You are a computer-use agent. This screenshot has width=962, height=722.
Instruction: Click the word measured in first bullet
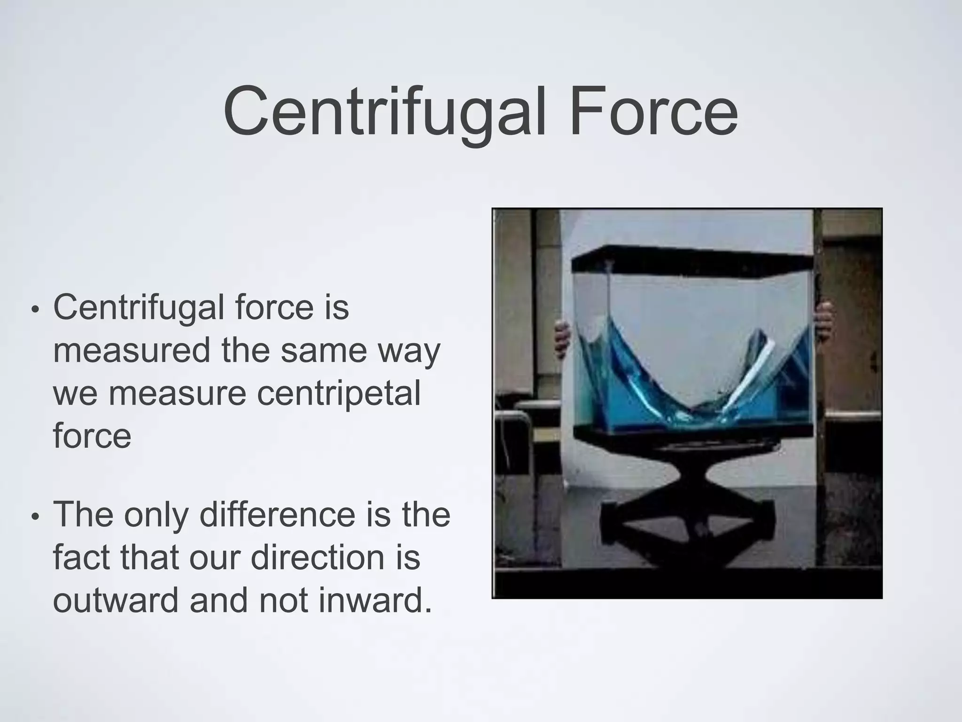click(x=132, y=350)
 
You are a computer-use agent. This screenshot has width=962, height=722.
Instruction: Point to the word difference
click(x=277, y=515)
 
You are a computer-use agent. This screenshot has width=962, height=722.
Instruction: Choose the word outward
click(x=116, y=600)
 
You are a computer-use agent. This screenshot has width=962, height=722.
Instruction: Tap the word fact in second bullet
click(x=81, y=557)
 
